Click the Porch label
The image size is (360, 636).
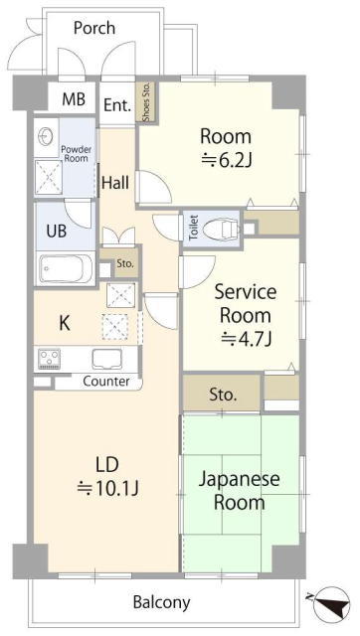point(94,29)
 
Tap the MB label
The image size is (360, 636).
point(74,99)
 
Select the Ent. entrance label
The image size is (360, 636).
point(117,105)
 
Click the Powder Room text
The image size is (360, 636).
point(76,154)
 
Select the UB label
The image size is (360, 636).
point(57,232)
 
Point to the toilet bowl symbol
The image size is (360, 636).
point(222,230)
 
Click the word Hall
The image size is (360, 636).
point(115,183)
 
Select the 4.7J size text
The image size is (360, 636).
point(246,339)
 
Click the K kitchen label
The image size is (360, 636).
point(64,323)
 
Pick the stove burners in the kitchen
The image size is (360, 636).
point(49,359)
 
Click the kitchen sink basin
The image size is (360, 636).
point(107,359)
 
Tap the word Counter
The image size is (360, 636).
point(106,382)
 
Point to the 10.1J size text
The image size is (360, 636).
point(108,488)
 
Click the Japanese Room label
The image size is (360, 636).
point(239,491)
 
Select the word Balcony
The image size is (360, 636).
point(161,603)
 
